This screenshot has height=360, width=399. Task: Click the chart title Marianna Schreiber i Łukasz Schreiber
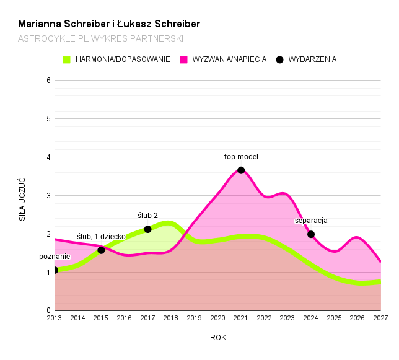tap(109, 24)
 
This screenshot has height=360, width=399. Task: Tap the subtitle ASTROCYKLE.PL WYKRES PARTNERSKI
tap(100, 38)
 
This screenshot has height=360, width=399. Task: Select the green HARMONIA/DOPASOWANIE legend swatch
tap(67, 59)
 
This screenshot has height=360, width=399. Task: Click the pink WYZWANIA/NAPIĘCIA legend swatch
tap(184, 59)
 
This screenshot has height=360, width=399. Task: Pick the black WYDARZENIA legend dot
tap(279, 59)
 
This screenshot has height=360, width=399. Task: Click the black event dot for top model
tap(241, 170)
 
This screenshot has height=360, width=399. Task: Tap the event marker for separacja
tap(311, 234)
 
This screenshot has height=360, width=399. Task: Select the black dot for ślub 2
tap(147, 229)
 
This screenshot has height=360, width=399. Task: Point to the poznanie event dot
tap(55, 270)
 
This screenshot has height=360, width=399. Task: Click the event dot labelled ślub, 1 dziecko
tap(101, 250)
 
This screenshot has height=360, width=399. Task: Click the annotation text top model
tap(241, 157)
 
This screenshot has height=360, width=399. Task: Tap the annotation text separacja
tap(311, 221)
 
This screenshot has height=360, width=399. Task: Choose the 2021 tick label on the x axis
tap(241, 318)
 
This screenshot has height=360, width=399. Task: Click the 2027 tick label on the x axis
tap(380, 318)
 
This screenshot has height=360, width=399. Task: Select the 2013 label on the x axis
tap(55, 318)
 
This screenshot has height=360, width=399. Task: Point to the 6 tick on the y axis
tap(48, 81)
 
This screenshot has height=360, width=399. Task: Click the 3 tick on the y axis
tap(48, 196)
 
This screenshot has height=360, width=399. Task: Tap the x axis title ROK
tap(218, 338)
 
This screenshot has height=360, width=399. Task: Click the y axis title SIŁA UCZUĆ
tap(22, 200)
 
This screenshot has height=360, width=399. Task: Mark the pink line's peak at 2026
tap(357, 237)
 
